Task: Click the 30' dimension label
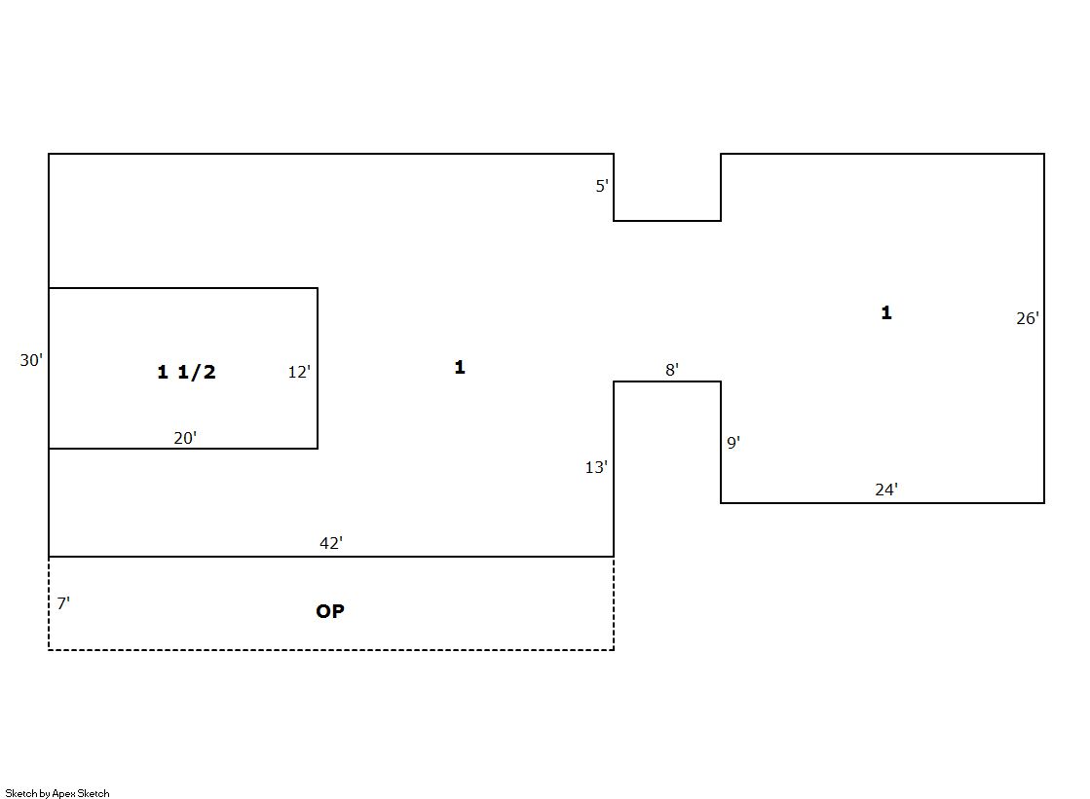[31, 360]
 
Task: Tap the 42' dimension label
[331, 543]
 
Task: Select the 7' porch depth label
[63, 603]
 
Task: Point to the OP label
[330, 611]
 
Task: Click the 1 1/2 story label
[186, 372]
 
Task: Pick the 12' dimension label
[299, 372]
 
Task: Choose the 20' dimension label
[185, 438]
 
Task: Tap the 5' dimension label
[602, 186]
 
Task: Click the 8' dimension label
[671, 370]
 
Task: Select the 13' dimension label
[596, 467]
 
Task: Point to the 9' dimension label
[733, 443]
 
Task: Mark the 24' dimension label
[886, 490]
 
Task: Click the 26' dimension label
[1028, 318]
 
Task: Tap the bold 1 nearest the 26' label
[886, 312]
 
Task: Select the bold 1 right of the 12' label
[460, 367]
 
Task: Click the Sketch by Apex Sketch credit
[57, 793]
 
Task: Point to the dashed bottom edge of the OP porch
[331, 650]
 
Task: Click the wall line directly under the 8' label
[667, 381]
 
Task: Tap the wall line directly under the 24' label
[883, 502]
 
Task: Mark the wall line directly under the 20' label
[183, 448]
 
